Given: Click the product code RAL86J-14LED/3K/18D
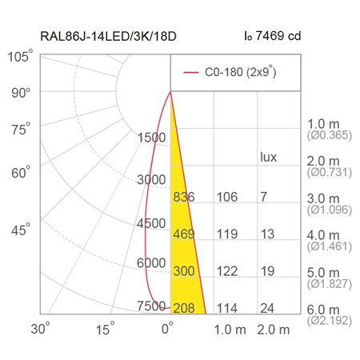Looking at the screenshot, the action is click(108, 36).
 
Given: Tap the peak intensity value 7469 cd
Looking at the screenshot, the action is click(278, 36).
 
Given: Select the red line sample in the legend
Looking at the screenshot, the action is click(191, 72).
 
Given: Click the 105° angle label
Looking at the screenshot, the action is click(20, 56).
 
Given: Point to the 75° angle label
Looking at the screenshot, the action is click(21, 130).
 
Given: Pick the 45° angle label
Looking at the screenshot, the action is click(21, 230).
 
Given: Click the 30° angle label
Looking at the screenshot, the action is click(40, 328).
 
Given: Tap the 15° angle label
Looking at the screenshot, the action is click(106, 328).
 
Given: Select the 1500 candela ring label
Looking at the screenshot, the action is click(151, 138).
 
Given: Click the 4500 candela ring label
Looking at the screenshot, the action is click(151, 223).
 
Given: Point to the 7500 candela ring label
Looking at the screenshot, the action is click(151, 306).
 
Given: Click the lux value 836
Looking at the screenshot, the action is click(184, 197).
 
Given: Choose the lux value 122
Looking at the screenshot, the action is click(227, 271).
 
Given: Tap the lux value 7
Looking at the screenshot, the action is click(264, 197).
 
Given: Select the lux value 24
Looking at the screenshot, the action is click(267, 308).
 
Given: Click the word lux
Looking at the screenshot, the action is click(268, 157).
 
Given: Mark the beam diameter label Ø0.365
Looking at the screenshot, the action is click(330, 135).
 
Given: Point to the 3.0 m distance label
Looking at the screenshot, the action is click(323, 198).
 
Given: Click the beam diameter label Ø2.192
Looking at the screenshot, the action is click(330, 321).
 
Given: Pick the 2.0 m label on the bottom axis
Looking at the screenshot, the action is click(274, 330).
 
